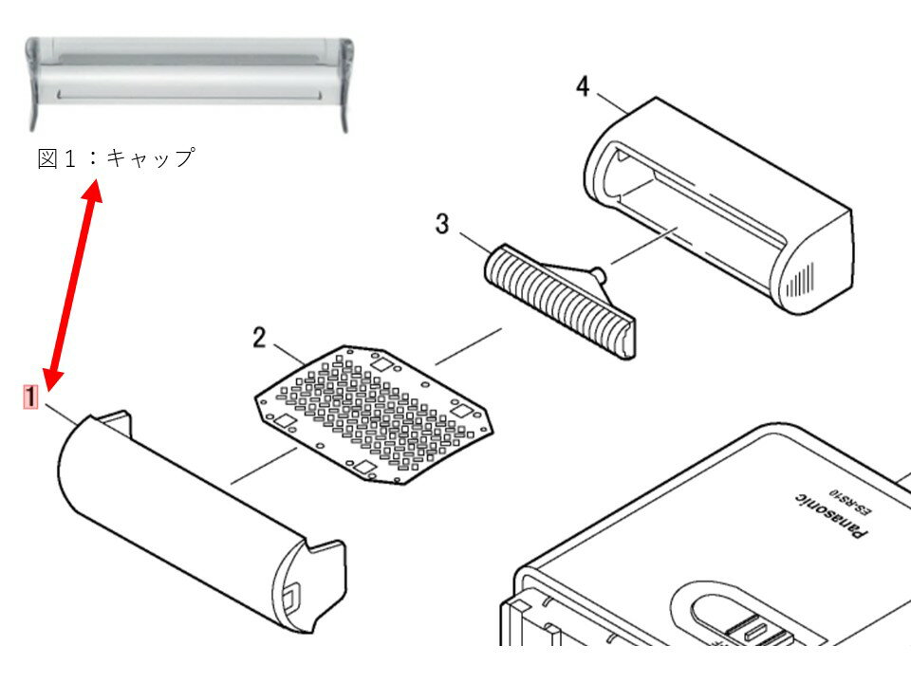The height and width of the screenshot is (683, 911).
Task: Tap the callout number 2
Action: (x=259, y=336)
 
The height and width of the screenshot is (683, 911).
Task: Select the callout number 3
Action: (x=442, y=224)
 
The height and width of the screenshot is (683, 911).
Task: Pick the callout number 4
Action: (x=582, y=87)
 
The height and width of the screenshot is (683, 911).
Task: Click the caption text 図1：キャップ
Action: (x=115, y=158)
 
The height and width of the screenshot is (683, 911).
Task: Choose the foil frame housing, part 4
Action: (x=721, y=204)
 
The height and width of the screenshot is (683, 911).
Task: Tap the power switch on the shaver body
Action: (x=750, y=626)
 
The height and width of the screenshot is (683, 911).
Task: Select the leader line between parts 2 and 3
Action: (x=468, y=346)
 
